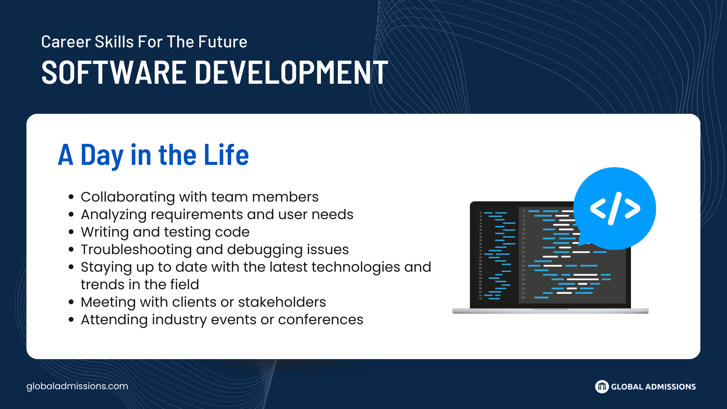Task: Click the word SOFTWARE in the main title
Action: click(x=113, y=72)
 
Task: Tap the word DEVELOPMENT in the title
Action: click(x=291, y=72)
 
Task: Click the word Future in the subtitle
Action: click(x=223, y=42)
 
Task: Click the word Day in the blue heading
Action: click(x=102, y=156)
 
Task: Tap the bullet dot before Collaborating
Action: click(x=71, y=197)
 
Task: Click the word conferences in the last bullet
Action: click(x=320, y=319)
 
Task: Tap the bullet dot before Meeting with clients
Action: click(x=71, y=302)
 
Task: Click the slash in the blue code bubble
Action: click(x=615, y=208)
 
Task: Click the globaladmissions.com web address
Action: click(x=77, y=386)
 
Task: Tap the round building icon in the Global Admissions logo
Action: click(x=602, y=387)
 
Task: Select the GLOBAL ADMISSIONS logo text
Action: click(x=653, y=387)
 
